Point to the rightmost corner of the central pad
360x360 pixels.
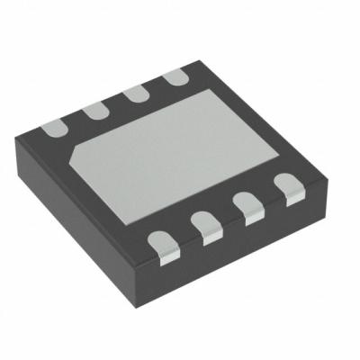click(280, 153)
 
